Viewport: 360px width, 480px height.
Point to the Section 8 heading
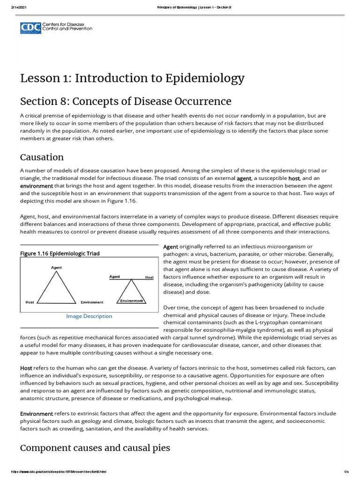[x=126, y=101]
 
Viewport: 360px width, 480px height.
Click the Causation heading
[x=42, y=157]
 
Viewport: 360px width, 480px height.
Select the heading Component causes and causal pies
[x=95, y=448]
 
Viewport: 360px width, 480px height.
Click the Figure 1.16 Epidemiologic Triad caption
[x=60, y=254]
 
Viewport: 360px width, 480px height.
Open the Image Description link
[x=89, y=316]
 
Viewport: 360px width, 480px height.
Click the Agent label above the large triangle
[x=56, y=268]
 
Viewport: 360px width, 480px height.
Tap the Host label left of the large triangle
[x=30, y=302]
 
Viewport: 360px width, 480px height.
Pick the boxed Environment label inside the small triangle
[x=131, y=300]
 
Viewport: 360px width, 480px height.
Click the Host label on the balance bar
[x=149, y=277]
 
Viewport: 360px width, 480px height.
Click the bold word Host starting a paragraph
[x=26, y=368]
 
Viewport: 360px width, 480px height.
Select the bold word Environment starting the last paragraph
[x=37, y=414]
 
